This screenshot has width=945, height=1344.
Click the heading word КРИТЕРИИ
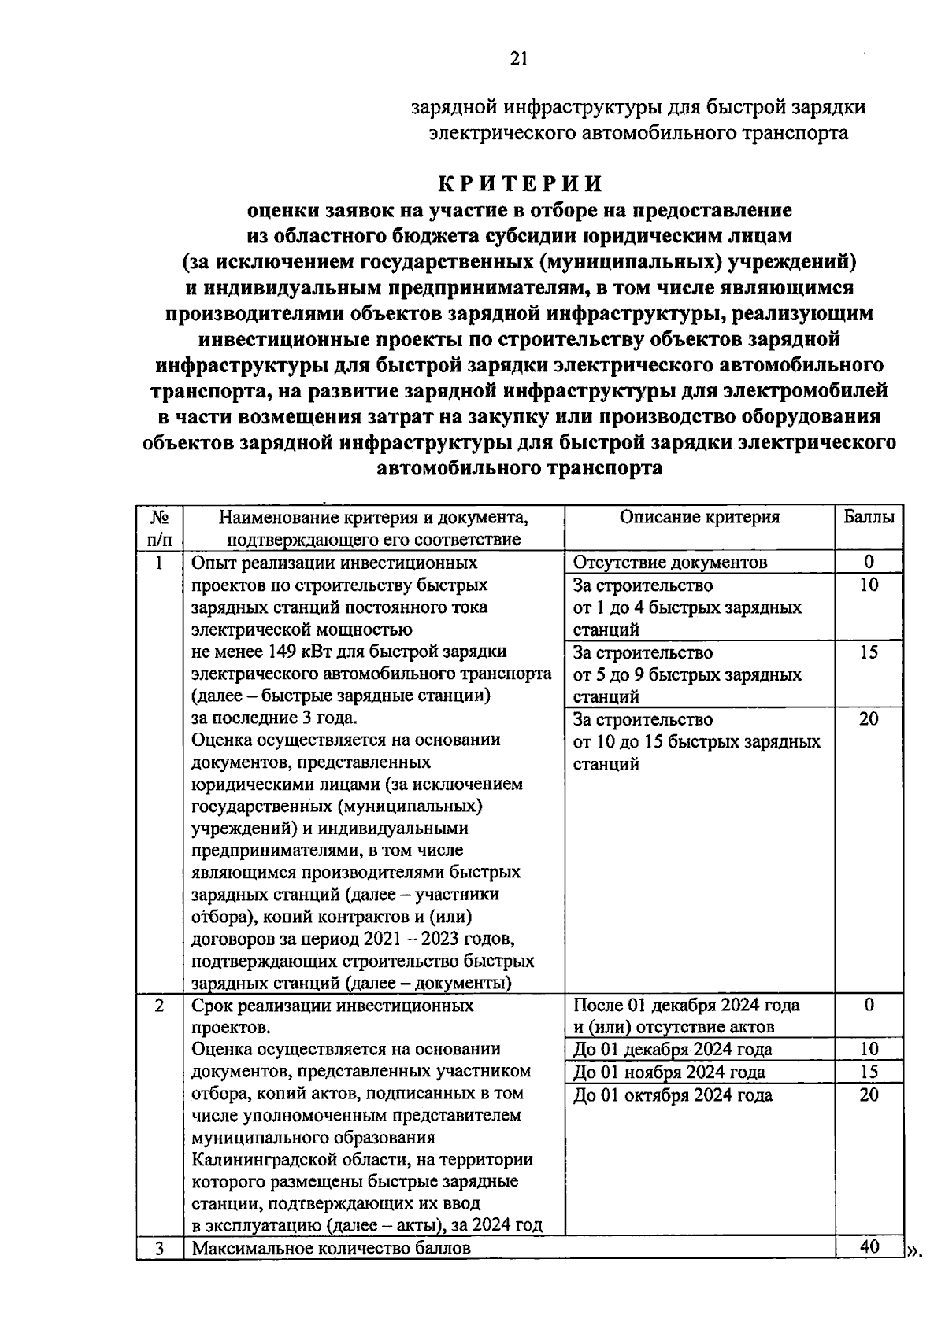(521, 183)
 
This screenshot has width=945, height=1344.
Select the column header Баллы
(869, 517)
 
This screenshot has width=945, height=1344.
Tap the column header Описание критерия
(699, 517)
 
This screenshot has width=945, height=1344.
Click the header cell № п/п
(160, 528)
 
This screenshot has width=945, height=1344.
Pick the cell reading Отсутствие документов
(669, 562)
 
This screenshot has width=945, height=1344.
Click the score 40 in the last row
(869, 1246)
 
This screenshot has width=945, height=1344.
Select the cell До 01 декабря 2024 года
(673, 1049)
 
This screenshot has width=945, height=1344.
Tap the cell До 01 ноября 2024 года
(669, 1072)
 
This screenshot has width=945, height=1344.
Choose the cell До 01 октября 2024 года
(673, 1095)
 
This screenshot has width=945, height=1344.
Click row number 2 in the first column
(160, 1005)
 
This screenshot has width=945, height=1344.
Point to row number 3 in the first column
(160, 1248)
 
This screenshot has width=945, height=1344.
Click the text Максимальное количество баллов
(332, 1248)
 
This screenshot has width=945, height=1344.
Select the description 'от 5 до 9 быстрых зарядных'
(687, 674)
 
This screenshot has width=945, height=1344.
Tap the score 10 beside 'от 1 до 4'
(869, 585)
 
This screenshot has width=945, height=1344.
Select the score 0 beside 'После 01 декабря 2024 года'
(869, 1005)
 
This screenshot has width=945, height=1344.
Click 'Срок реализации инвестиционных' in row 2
(333, 1005)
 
